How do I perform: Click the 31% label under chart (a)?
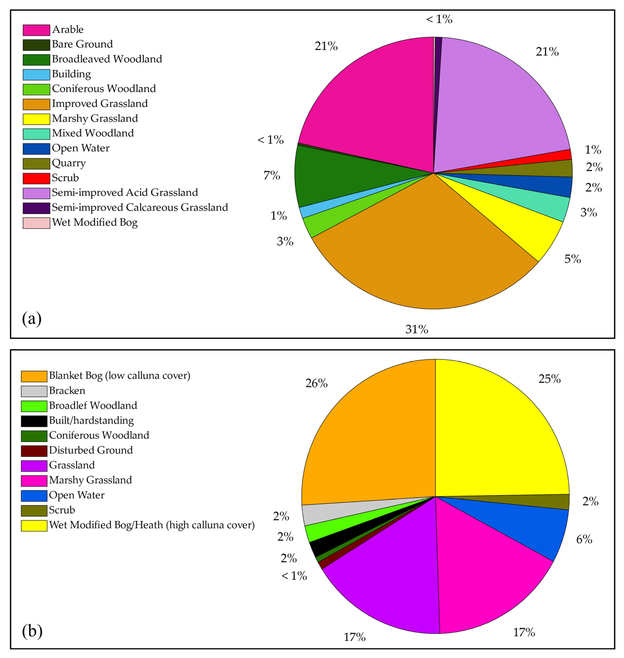coord(416,329)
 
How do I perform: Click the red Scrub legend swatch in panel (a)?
coord(36,178)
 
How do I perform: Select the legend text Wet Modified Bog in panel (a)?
coord(95,222)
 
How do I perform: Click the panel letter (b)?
coord(32,630)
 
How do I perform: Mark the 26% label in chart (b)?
coord(316,383)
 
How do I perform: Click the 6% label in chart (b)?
coord(584,539)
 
